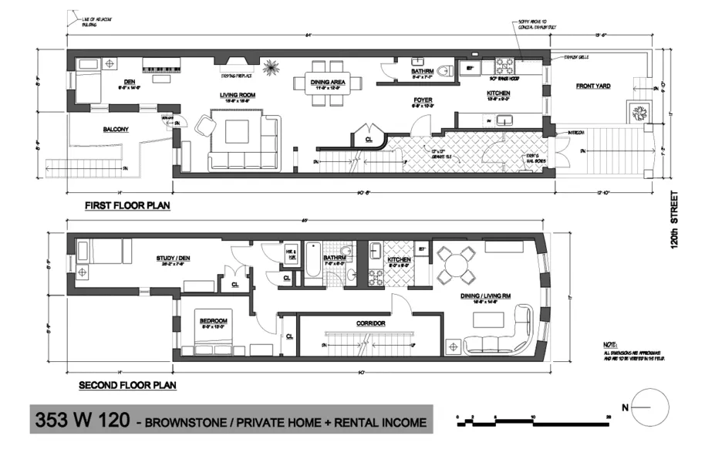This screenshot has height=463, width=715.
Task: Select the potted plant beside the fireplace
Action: click(x=271, y=68)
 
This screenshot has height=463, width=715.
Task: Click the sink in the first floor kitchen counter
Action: click(x=506, y=120)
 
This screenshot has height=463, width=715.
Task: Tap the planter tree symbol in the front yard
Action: click(x=639, y=113)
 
